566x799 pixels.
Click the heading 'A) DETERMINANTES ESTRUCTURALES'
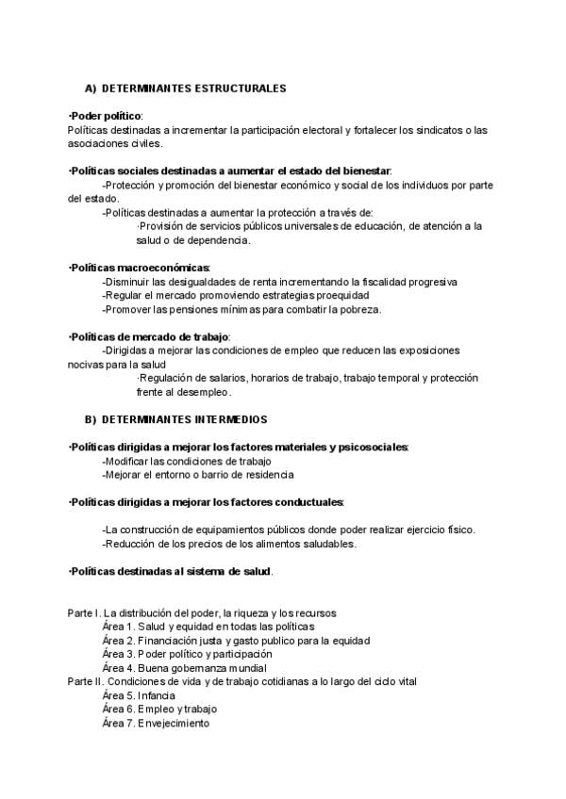tap(185, 88)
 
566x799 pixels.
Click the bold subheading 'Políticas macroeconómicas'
tap(140, 268)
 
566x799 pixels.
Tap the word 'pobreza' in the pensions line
tap(359, 309)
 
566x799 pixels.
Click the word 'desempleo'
tap(201, 391)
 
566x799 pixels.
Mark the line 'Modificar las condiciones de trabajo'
tap(187, 461)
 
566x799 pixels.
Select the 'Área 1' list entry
tap(208, 627)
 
